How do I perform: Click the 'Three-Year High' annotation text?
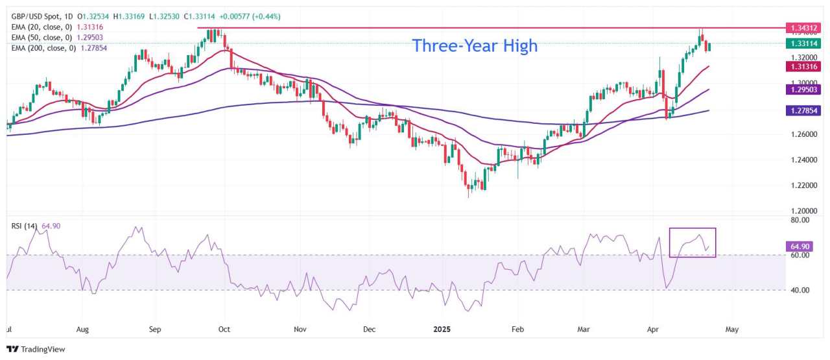[x=475, y=46]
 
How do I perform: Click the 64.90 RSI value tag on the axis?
[x=798, y=246]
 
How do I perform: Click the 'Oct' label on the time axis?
[x=224, y=330]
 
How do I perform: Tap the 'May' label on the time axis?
[x=731, y=330]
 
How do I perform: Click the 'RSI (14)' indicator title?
[x=25, y=226]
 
